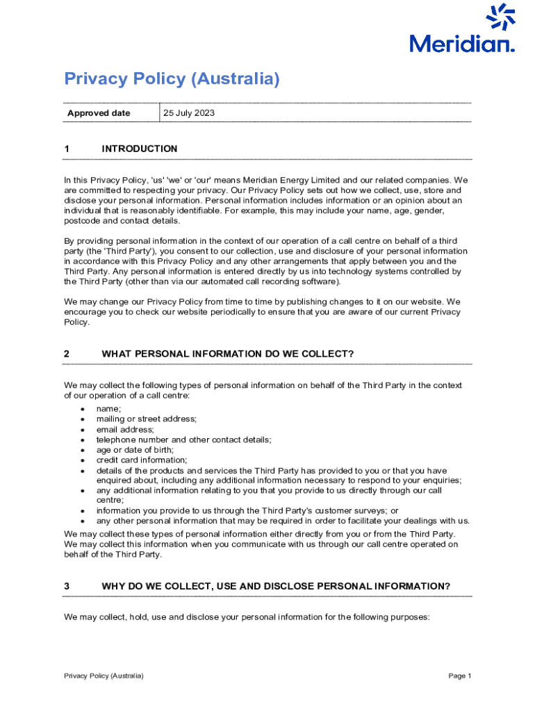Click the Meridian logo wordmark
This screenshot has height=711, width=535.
point(462,44)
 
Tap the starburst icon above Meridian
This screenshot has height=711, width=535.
point(500,17)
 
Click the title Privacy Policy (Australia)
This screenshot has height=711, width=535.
point(172,79)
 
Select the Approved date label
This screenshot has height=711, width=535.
point(99,113)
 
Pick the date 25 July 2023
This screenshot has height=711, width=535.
point(189,113)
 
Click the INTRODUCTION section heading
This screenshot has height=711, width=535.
point(139,149)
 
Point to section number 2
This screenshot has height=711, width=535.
point(67,354)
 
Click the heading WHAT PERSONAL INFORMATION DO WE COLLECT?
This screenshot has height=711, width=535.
point(228,354)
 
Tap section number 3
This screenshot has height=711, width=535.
point(67,586)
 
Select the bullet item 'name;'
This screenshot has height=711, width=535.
point(108,409)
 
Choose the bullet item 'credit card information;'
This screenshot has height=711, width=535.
point(142,460)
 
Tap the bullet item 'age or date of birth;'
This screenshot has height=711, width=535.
point(135,449)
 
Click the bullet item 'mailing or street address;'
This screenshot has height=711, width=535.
point(146,419)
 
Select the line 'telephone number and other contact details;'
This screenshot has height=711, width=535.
point(183,440)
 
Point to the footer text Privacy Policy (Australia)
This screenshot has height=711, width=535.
point(104,676)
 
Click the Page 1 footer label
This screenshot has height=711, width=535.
point(460,676)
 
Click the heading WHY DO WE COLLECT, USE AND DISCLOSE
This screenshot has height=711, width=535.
point(276,586)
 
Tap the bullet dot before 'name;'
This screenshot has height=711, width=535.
point(82,410)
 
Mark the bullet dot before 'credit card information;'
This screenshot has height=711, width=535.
point(82,460)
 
